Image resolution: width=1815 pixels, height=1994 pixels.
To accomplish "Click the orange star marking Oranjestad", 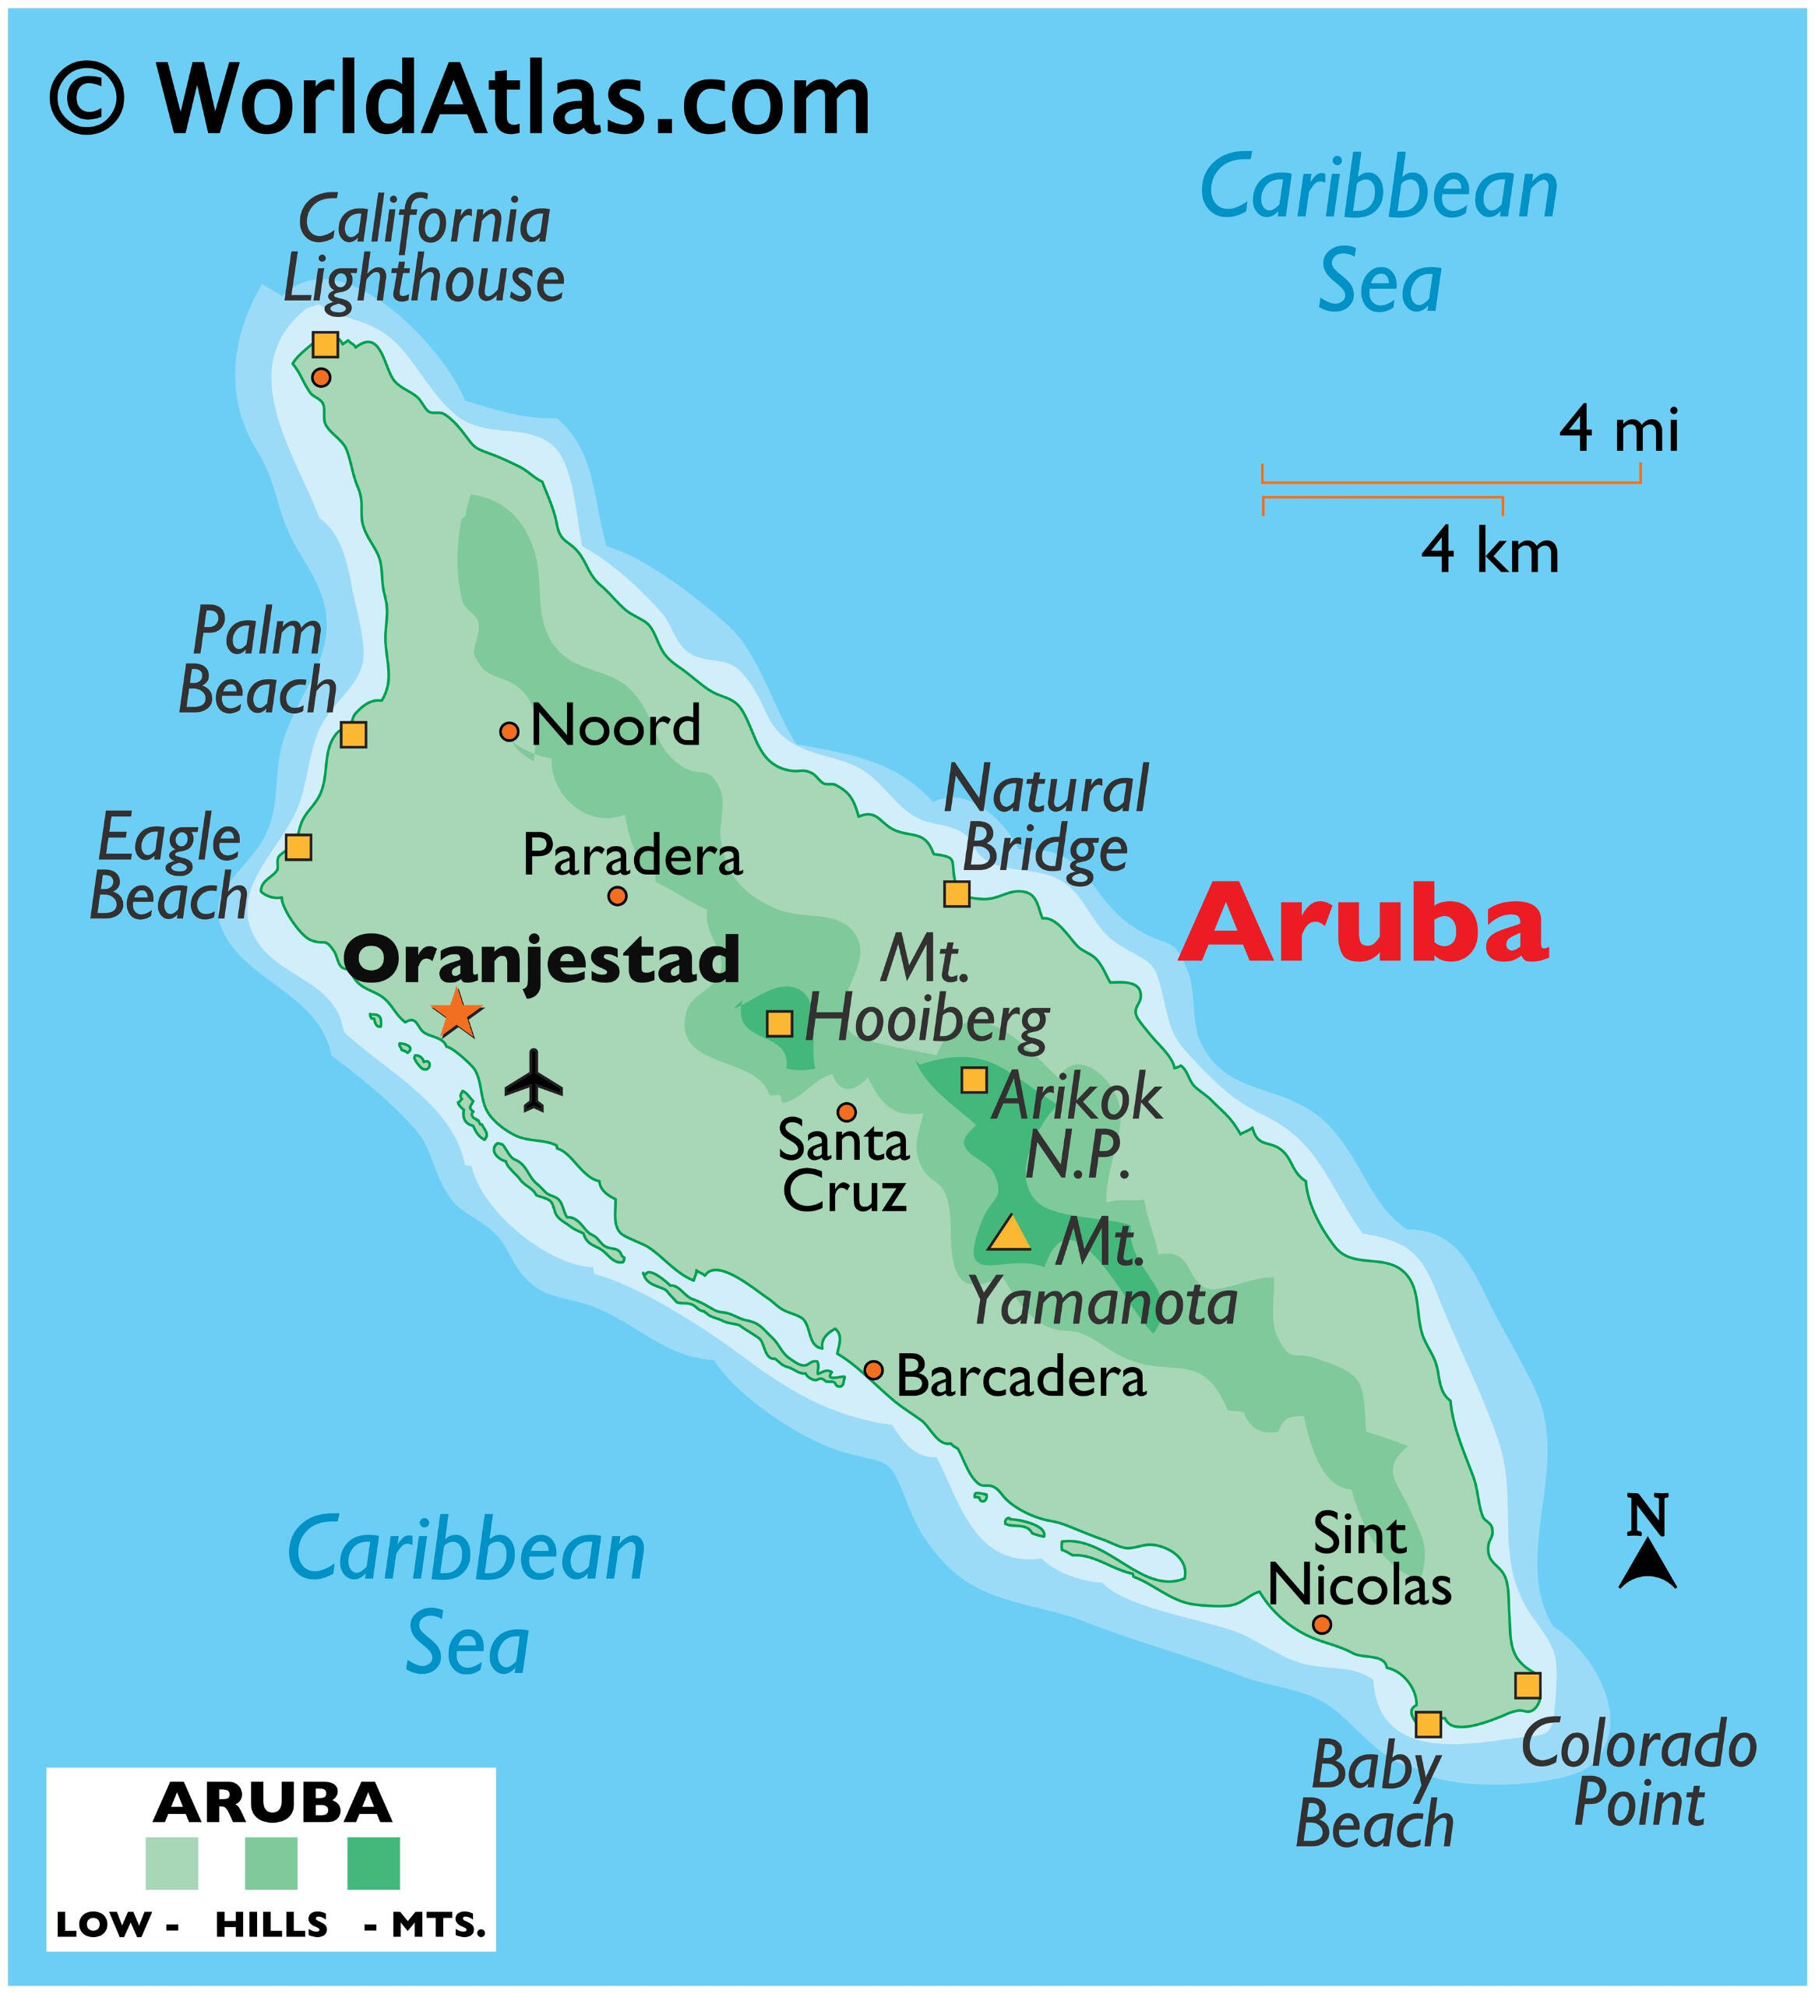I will pos(457,1013).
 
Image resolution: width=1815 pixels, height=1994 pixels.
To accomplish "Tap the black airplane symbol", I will pos(534,1080).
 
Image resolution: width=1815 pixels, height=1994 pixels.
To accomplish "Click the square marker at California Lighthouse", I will pos(326,344).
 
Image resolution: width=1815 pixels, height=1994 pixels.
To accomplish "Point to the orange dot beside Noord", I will pos(509,732).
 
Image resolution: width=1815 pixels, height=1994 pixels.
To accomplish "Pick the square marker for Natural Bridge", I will pos(957,894).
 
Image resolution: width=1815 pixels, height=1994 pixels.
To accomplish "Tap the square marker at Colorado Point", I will pos(1528,1686).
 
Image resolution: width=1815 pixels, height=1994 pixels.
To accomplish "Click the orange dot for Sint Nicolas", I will pos(1321,1624).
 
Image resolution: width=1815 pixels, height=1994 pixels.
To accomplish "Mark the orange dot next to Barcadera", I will pos(873,1370).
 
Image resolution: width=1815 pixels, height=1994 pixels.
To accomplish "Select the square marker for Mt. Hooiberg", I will pos(780,1023).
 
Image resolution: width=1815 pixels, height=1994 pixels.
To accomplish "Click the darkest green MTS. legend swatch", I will pos(374,1863).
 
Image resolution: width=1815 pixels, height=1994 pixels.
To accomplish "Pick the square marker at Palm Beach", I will pos(353,735).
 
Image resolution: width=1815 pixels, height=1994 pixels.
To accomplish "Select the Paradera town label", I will pos(632,854).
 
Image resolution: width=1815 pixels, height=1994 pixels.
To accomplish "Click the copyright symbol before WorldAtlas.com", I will pos(88,100).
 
